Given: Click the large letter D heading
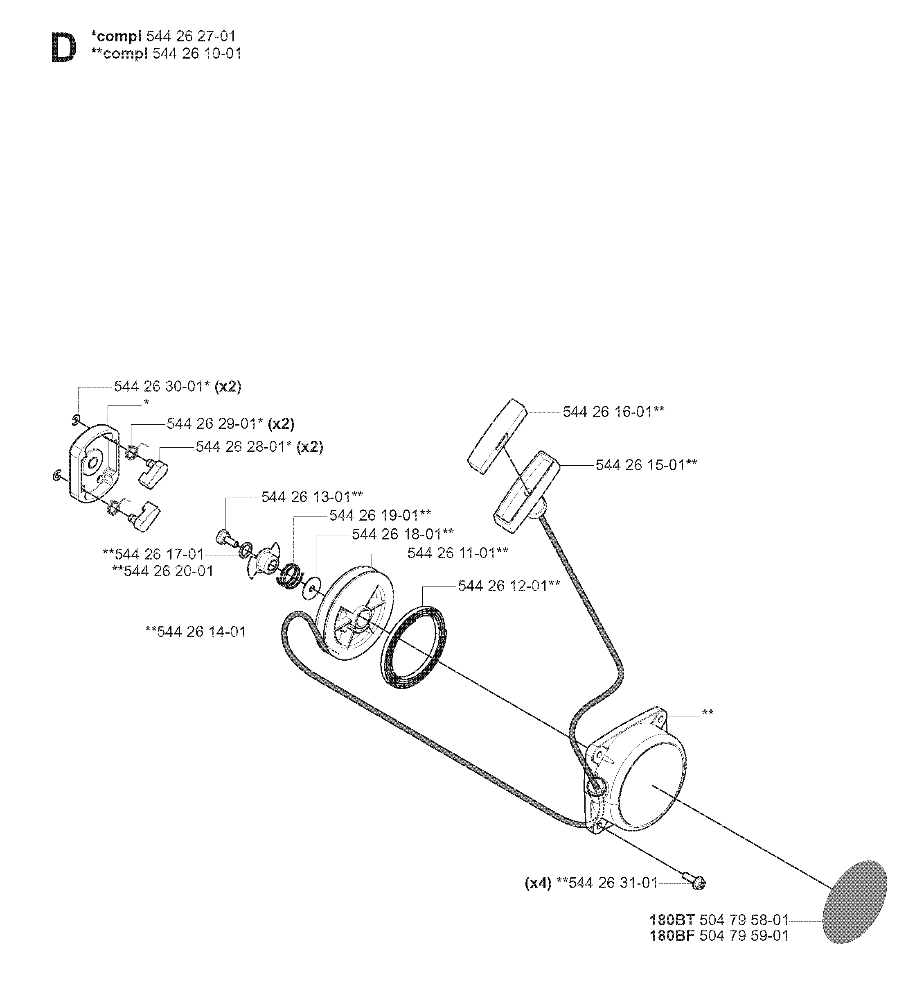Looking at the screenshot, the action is (x=64, y=48).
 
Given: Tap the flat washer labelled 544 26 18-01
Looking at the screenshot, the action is (x=312, y=586).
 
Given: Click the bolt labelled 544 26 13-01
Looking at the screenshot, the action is (x=226, y=537).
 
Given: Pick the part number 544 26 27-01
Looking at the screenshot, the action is (x=191, y=36).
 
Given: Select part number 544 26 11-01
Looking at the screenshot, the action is (x=452, y=553).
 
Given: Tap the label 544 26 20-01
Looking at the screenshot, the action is (x=168, y=571).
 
